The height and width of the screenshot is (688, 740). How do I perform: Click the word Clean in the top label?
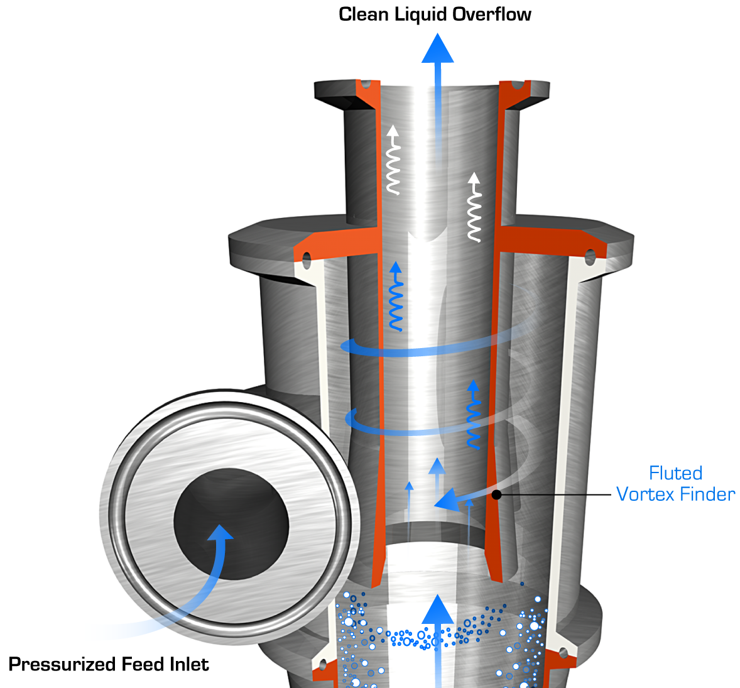[364, 14]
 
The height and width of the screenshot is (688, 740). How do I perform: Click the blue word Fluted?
[675, 473]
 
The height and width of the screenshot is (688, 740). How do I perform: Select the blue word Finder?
[707, 494]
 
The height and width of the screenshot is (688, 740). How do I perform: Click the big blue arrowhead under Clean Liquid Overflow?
[437, 50]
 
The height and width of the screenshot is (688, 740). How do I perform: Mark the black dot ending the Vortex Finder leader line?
[496, 495]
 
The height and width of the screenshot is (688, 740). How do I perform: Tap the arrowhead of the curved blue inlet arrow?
[220, 533]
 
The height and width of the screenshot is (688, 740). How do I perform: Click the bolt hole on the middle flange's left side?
[307, 258]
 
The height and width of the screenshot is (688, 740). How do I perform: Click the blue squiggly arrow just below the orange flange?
[396, 296]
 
